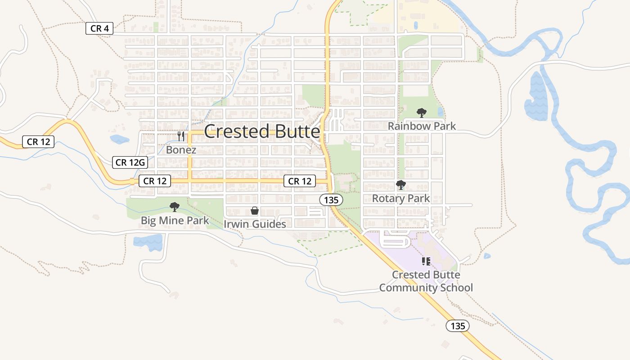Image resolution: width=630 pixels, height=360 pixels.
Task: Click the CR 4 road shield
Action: click(99, 29)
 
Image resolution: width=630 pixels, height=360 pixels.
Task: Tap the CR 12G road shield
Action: click(130, 162)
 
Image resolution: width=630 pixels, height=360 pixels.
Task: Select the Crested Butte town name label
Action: click(262, 131)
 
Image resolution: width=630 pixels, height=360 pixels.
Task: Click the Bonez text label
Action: click(181, 150)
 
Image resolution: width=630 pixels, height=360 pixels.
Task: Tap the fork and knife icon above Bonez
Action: click(181, 136)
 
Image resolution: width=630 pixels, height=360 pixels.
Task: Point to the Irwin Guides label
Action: click(255, 224)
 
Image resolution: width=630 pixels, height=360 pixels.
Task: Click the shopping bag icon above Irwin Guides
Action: click(255, 211)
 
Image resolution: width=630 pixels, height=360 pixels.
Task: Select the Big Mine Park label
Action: click(175, 220)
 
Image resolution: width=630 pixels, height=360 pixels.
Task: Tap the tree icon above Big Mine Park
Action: click(175, 207)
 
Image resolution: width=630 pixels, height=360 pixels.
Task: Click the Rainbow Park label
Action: click(422, 126)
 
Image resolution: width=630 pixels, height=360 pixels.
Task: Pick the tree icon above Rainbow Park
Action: click(421, 113)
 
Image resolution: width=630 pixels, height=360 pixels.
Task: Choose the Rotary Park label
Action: click(400, 198)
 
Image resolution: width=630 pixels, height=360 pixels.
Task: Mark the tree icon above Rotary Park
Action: click(400, 184)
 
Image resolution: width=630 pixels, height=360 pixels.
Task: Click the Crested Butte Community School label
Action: click(426, 281)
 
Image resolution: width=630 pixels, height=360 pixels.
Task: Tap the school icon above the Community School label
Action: click(426, 261)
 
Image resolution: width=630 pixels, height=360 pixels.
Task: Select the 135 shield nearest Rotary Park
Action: click(332, 199)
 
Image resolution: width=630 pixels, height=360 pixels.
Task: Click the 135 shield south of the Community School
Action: click(458, 326)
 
